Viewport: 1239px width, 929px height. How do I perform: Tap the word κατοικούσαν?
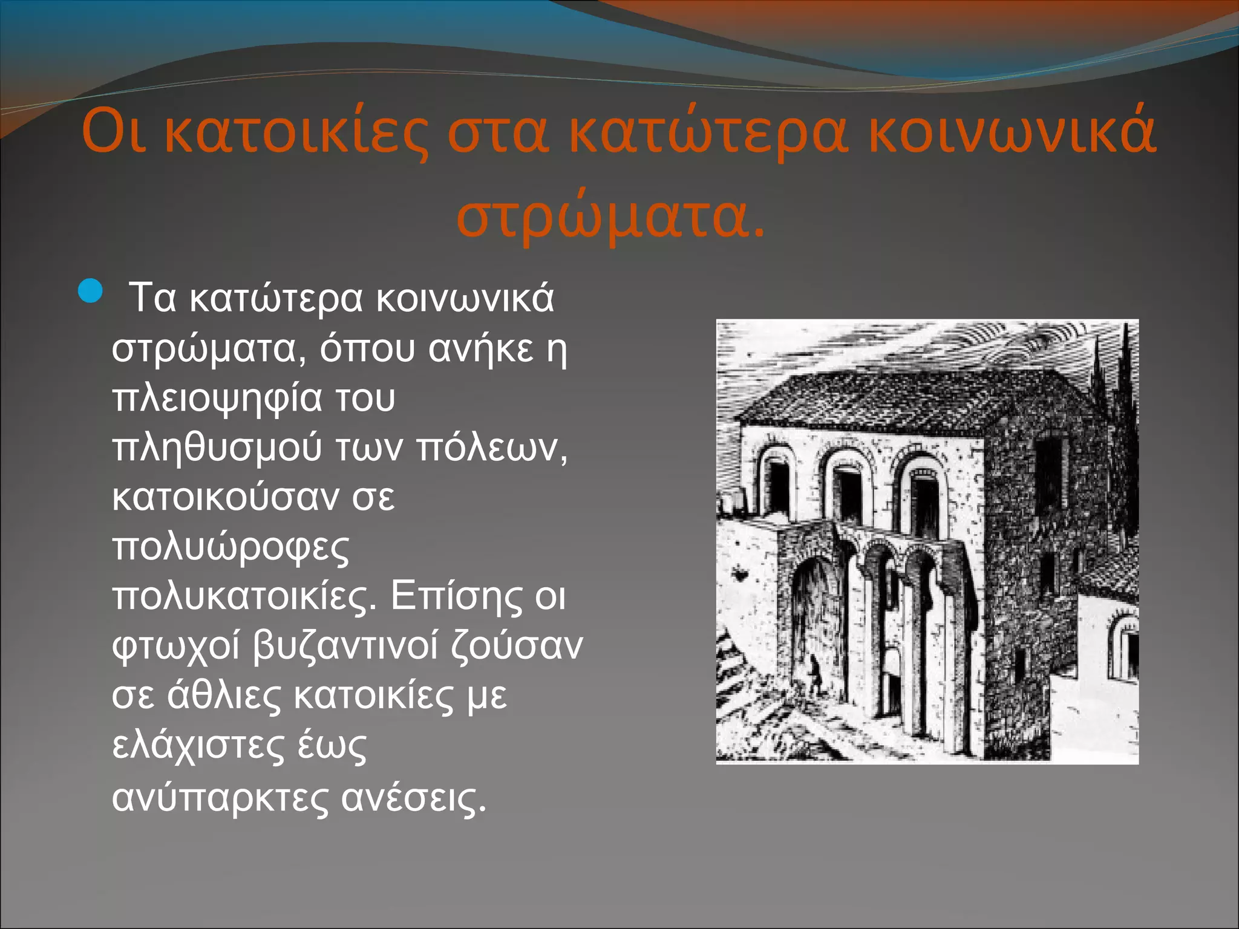tap(224, 497)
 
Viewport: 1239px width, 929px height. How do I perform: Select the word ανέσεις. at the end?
tap(414, 797)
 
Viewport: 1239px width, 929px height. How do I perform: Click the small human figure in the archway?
tap(816, 674)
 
